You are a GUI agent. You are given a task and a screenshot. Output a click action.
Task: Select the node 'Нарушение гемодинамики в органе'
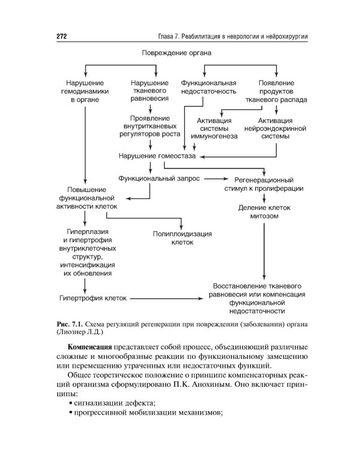(87, 92)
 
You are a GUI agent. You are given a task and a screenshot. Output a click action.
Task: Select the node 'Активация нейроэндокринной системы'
(275, 128)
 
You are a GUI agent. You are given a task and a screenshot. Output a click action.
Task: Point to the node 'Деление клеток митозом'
(263, 212)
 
